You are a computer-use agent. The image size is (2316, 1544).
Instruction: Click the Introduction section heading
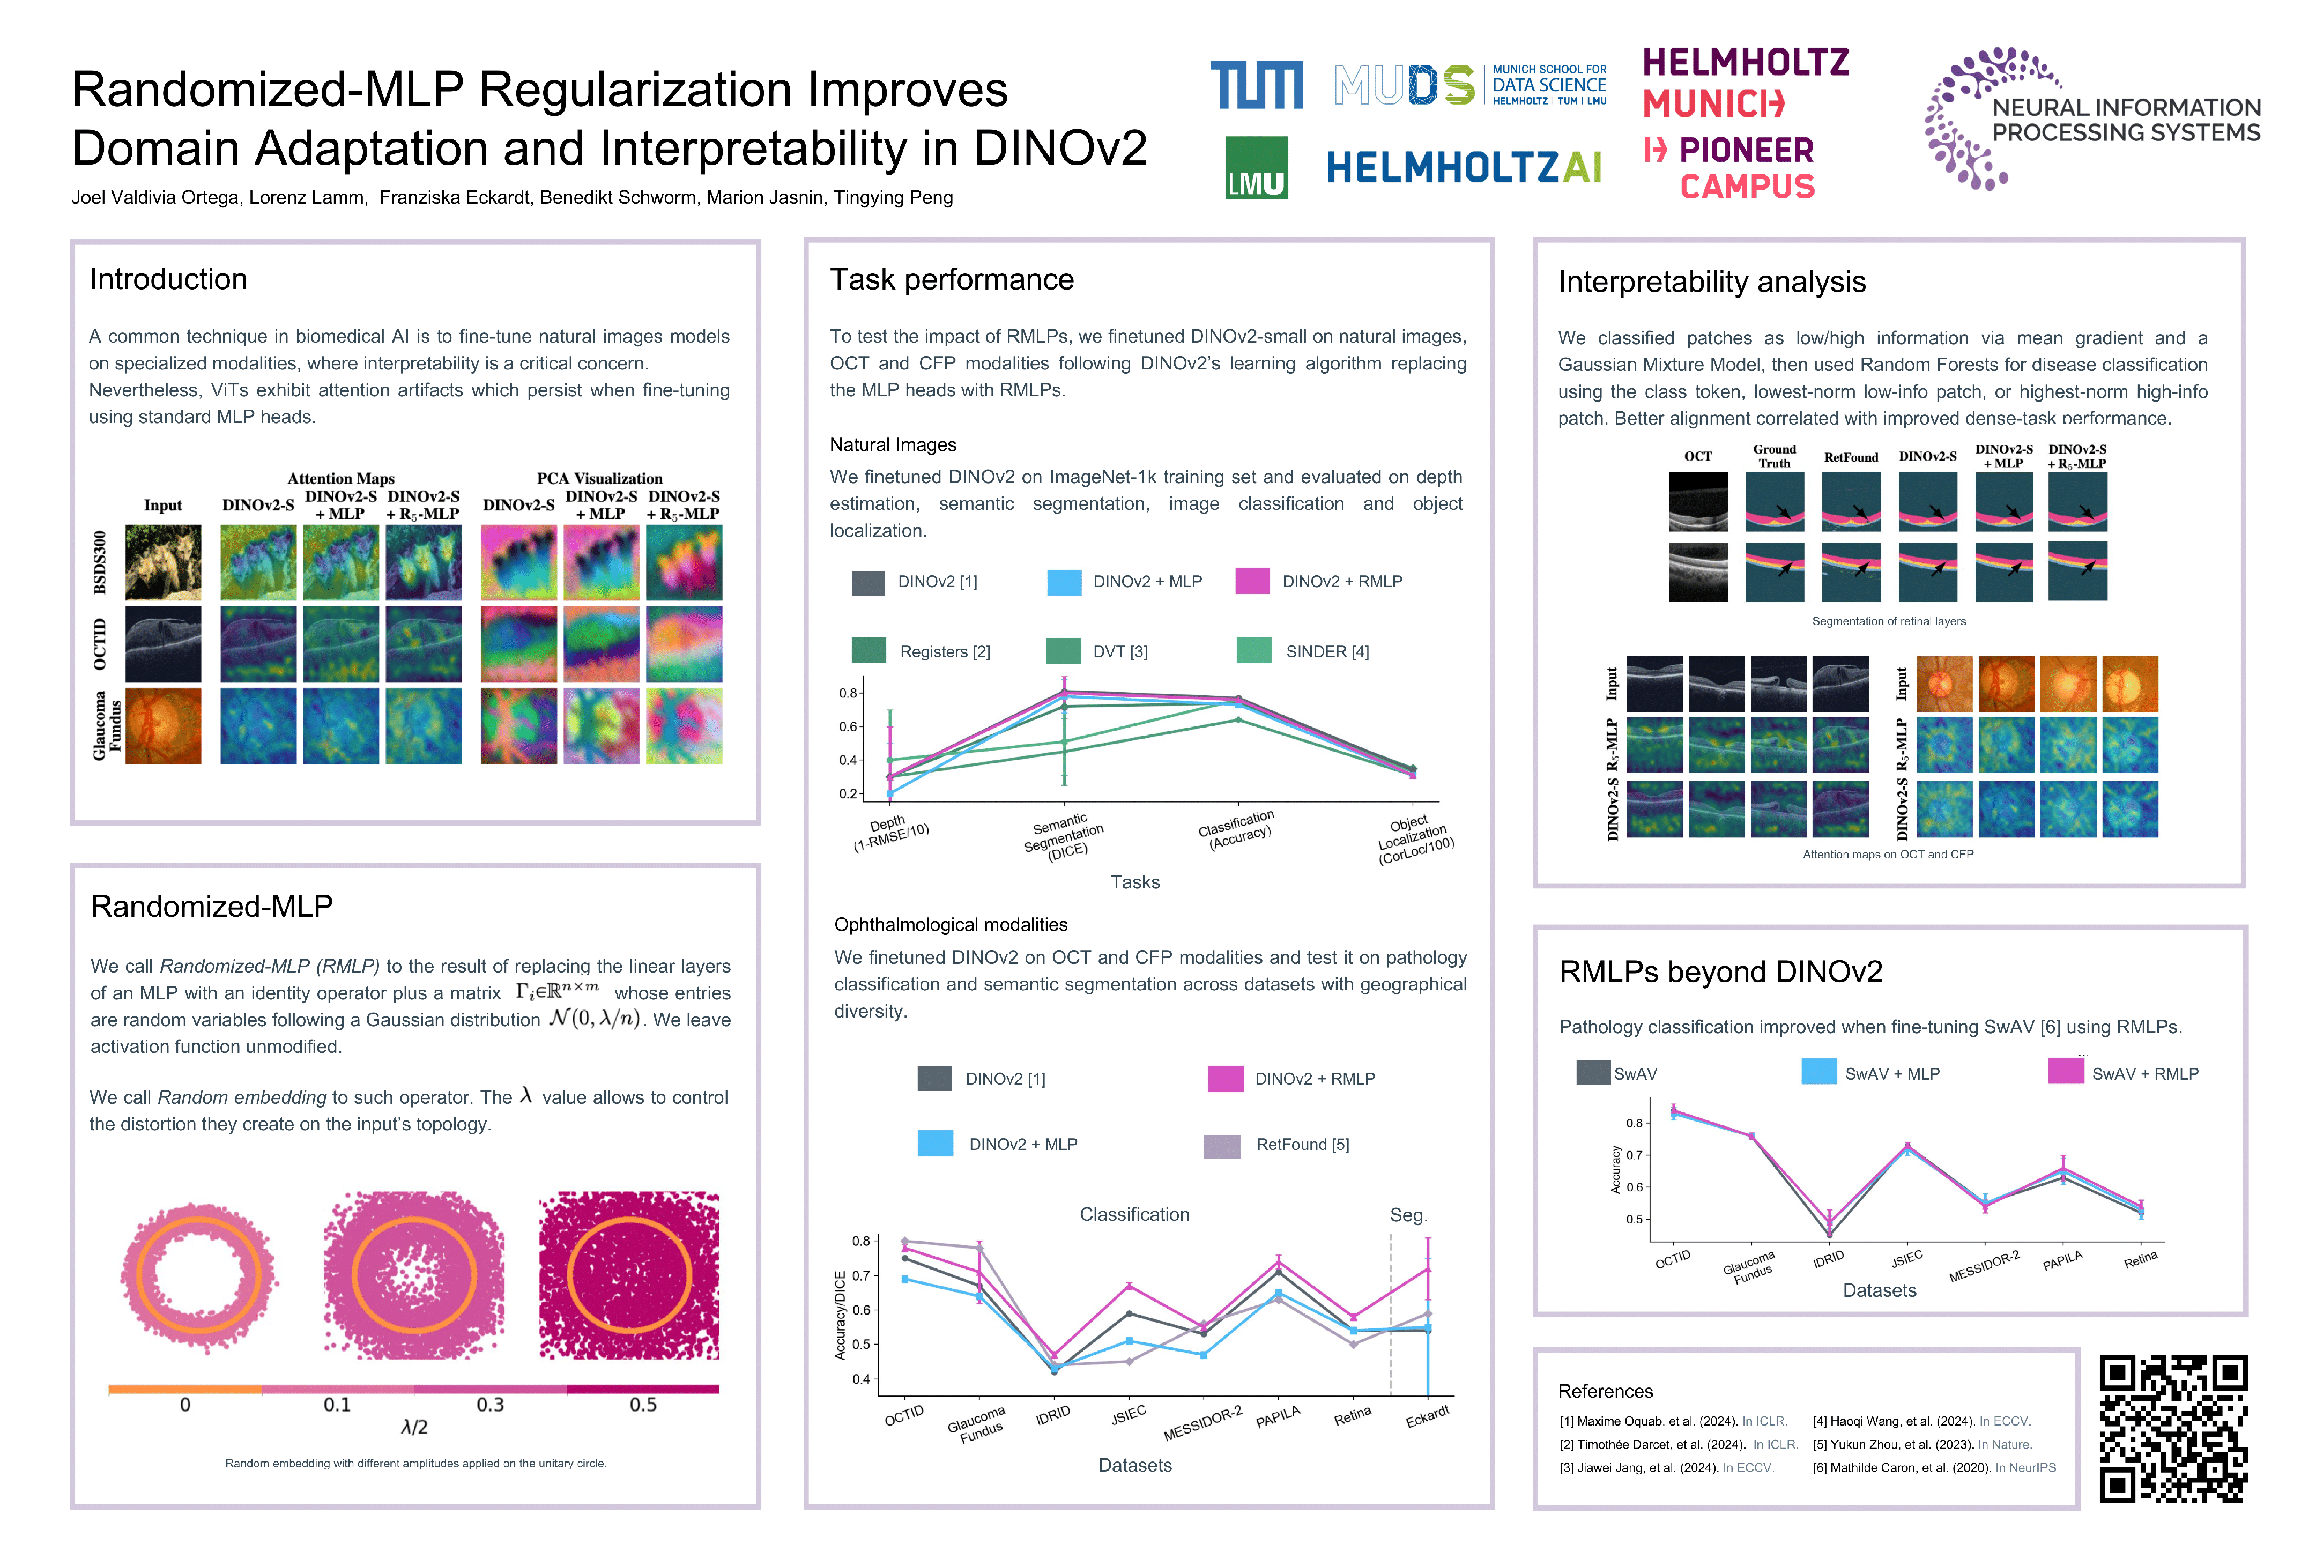tap(168, 280)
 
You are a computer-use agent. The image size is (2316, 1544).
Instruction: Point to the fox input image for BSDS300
tap(164, 562)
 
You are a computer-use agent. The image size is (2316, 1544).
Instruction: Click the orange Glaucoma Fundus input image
tap(164, 726)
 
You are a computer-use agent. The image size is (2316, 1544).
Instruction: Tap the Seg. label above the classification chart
tap(1408, 1215)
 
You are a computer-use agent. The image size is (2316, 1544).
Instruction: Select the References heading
tap(1605, 1391)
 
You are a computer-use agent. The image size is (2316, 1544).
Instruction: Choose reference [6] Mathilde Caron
tap(1934, 1467)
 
